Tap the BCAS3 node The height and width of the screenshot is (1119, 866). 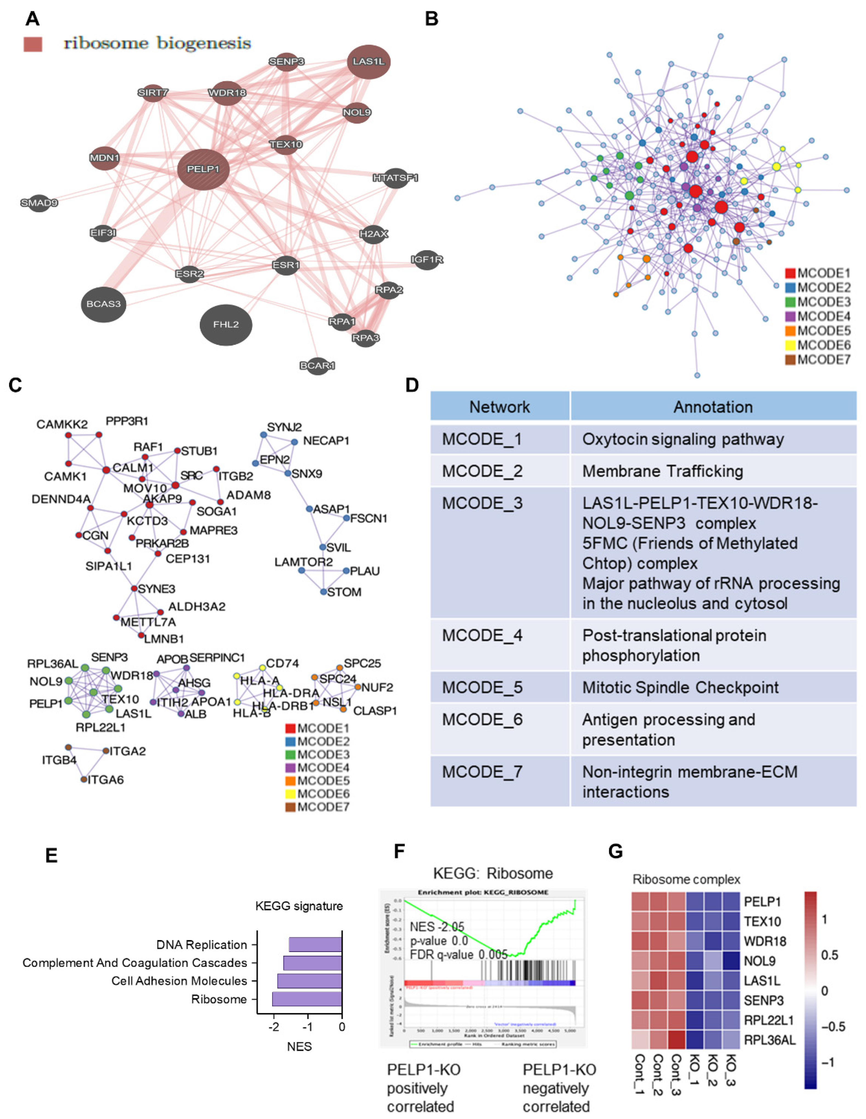coord(104,304)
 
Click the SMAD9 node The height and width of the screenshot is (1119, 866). coord(39,203)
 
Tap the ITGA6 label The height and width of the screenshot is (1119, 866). coord(105,780)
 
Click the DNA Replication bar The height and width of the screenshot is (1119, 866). coord(315,945)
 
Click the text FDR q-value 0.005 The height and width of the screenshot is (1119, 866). coord(459,954)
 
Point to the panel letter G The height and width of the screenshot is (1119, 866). coord(615,852)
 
